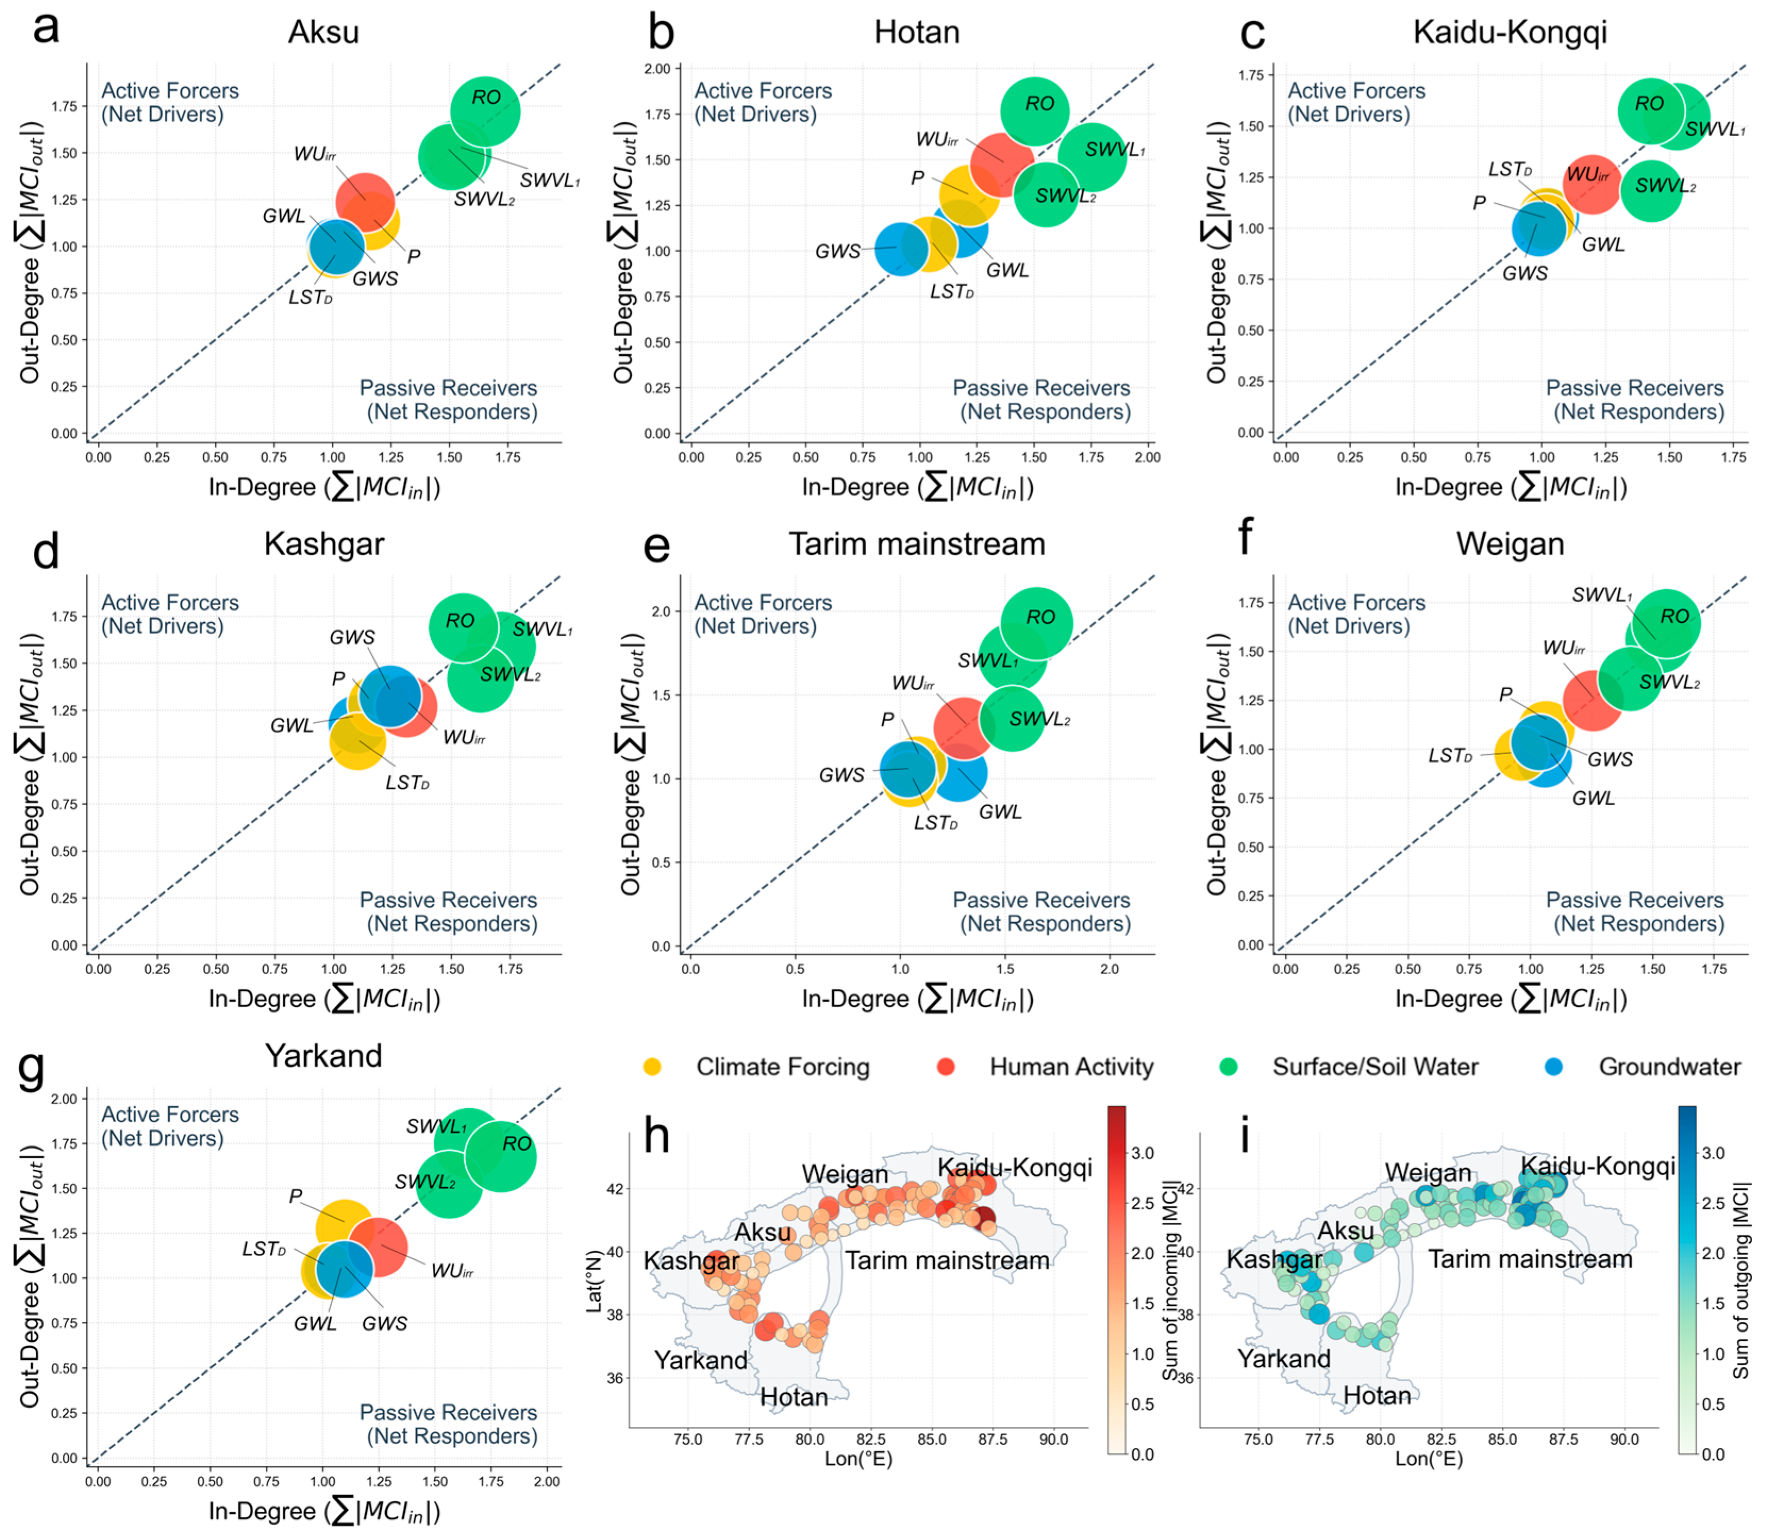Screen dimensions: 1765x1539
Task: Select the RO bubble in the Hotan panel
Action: [1035, 111]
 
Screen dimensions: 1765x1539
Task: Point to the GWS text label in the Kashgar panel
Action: [352, 637]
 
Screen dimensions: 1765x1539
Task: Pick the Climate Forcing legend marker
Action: [653, 1067]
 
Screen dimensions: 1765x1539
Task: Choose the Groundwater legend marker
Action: [1553, 1067]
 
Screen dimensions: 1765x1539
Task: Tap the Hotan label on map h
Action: [794, 1398]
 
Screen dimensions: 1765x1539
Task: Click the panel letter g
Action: [32, 1067]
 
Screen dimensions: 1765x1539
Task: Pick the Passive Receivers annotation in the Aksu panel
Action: [448, 399]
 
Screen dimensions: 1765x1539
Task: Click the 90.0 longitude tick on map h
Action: [1054, 1440]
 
